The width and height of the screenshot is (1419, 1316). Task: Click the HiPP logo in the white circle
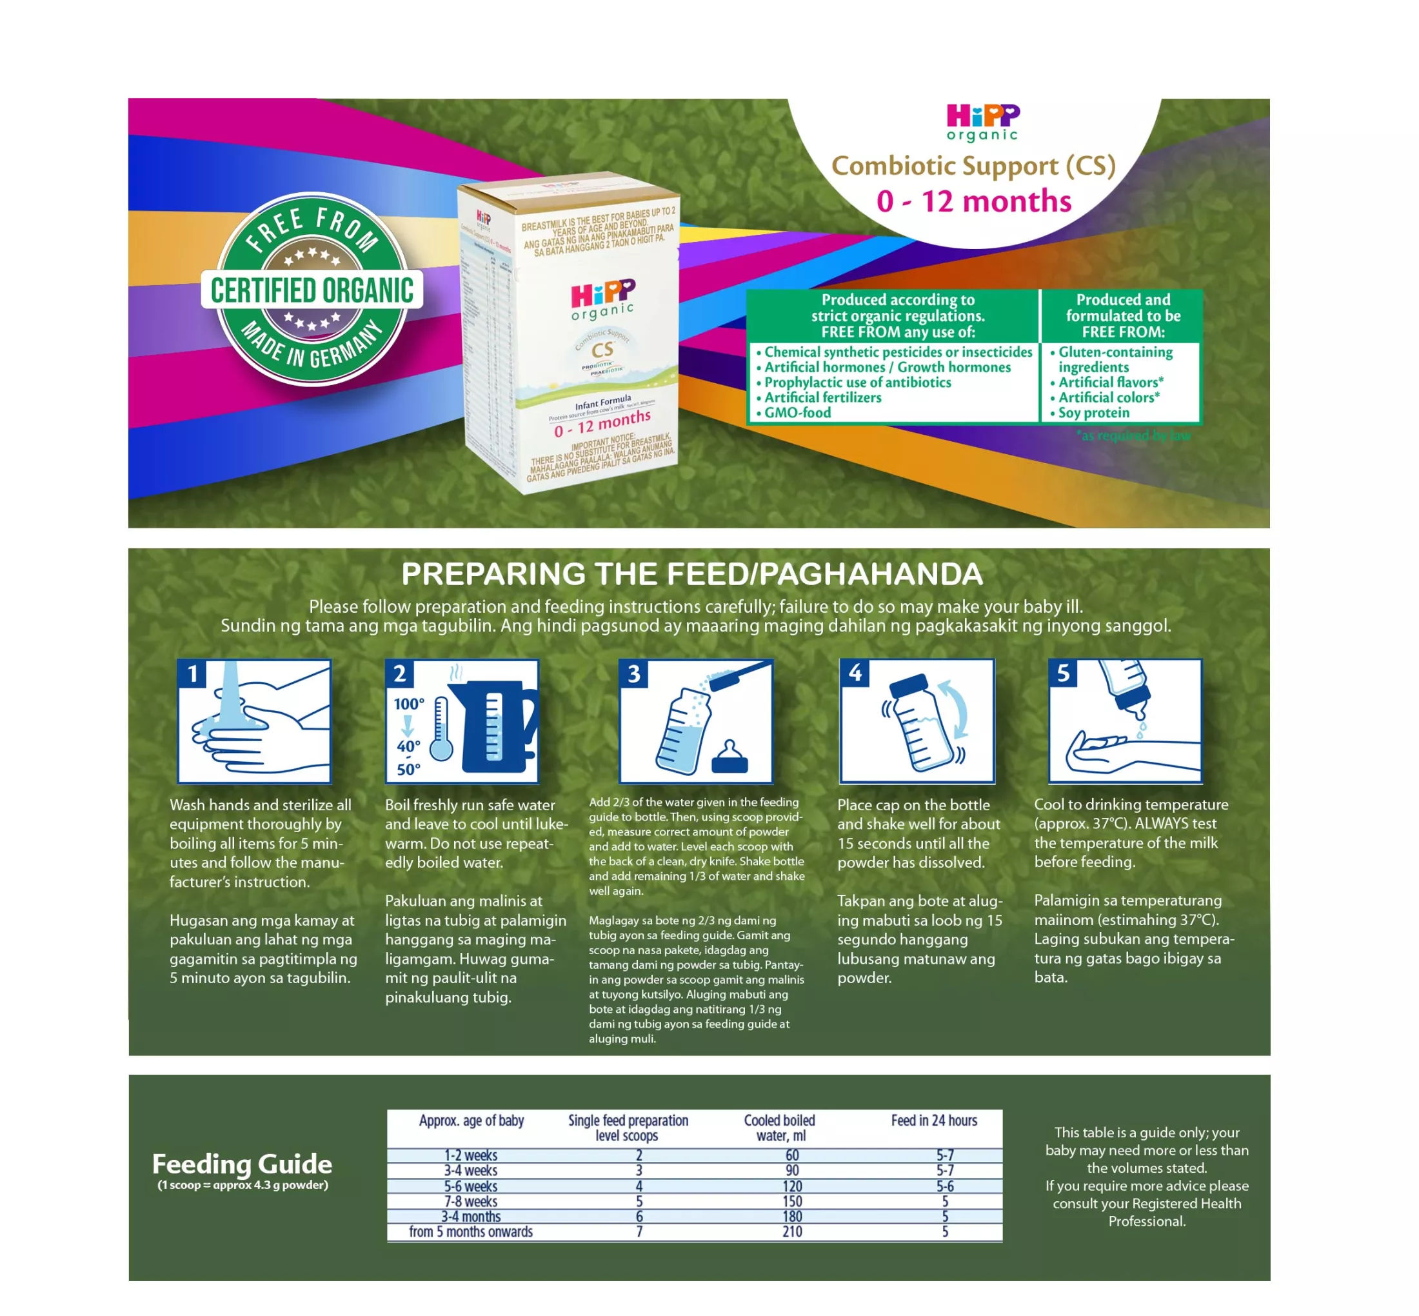pos(982,122)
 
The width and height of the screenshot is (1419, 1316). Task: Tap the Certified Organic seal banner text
pos(312,290)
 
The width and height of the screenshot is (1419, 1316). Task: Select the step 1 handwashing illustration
pos(254,721)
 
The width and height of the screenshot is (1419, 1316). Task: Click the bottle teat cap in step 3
pos(729,759)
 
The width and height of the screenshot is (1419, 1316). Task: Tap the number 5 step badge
pos(1063,673)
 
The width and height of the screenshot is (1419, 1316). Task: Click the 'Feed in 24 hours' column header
pos(934,1120)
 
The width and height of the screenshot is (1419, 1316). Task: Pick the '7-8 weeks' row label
pos(471,1201)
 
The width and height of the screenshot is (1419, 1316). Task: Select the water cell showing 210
pos(791,1231)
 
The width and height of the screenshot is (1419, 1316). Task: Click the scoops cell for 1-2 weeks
pos(639,1155)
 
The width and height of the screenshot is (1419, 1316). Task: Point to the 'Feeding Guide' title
pos(242,1164)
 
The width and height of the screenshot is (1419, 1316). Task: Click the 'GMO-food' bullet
pos(797,412)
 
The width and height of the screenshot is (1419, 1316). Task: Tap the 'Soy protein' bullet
pos(1093,412)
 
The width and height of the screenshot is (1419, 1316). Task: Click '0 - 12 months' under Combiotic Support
pos(973,201)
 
